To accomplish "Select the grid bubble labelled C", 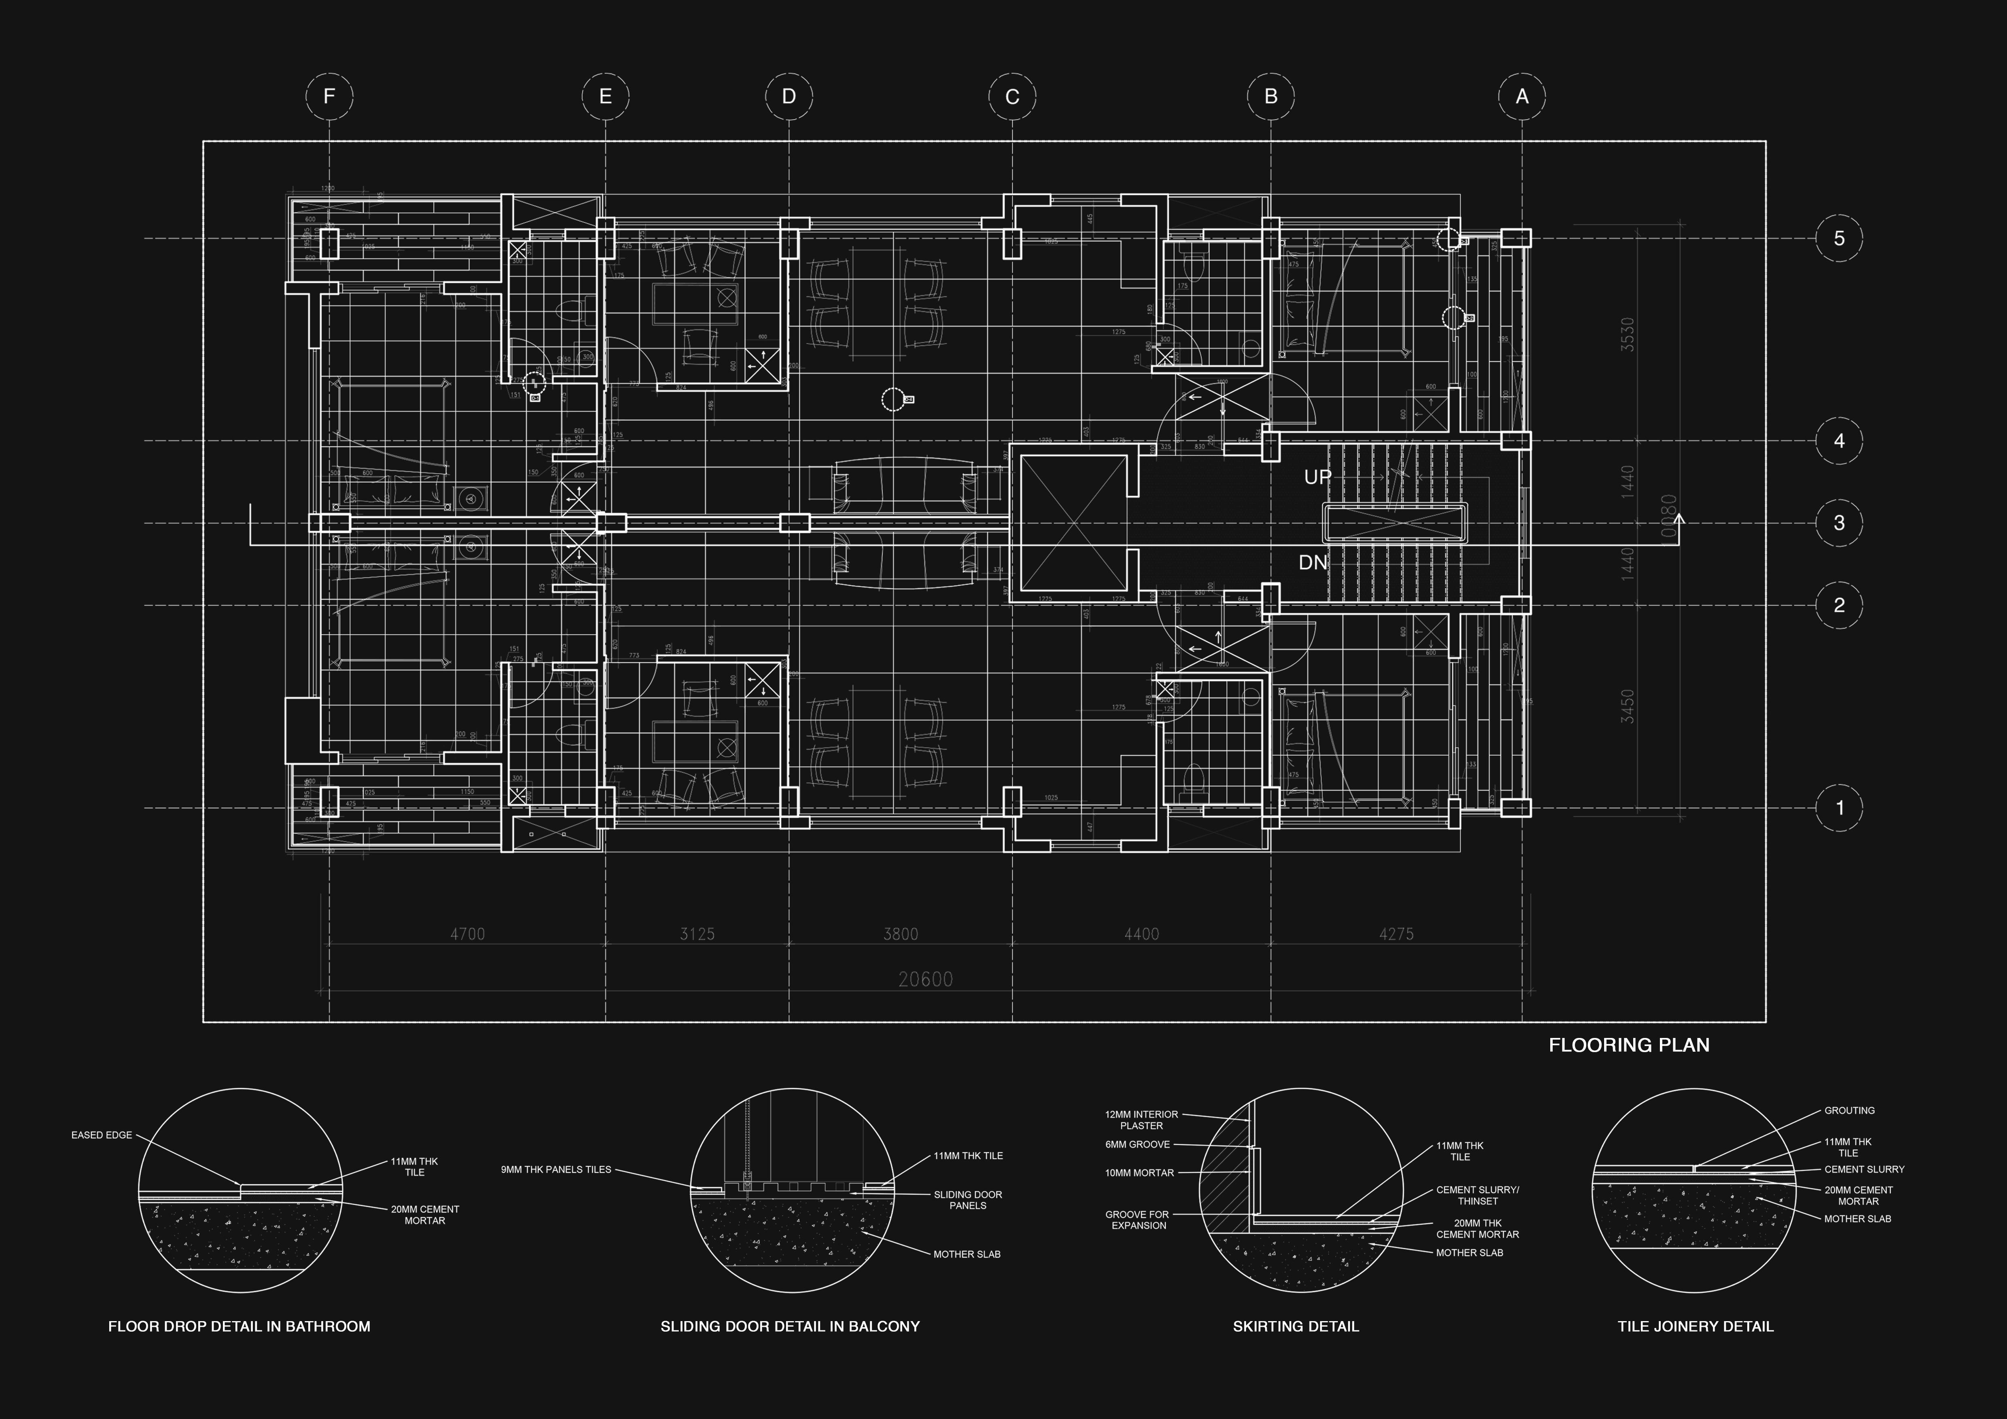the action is tap(1012, 96).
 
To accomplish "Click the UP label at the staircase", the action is tap(1317, 477).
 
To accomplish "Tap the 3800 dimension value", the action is tap(901, 934).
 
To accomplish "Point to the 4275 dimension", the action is tap(1396, 934).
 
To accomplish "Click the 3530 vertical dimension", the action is tap(1627, 335).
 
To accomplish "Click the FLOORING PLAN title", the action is tap(1628, 1045).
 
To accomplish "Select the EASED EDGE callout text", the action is tap(102, 1135).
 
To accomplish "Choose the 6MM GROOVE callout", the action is tap(1137, 1145).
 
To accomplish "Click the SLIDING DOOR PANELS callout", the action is tap(968, 1200).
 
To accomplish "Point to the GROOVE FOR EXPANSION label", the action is tap(1137, 1220).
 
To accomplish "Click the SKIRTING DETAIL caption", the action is tap(1295, 1326).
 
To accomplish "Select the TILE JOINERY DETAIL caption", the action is tap(1695, 1326).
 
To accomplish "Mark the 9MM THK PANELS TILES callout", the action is tap(556, 1169).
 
